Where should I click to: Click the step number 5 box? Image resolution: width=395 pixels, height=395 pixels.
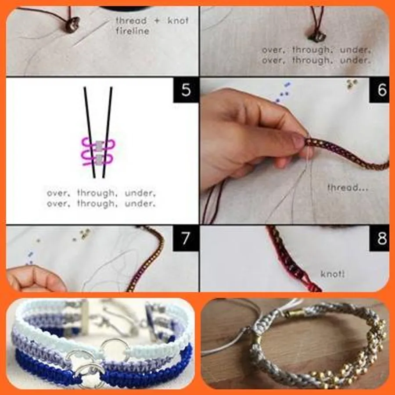click(x=186, y=90)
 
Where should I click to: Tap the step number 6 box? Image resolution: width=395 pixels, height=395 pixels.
click(x=379, y=90)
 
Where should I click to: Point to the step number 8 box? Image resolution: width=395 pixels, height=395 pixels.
click(x=379, y=238)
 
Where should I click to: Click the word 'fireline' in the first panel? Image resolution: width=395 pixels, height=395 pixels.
click(x=133, y=31)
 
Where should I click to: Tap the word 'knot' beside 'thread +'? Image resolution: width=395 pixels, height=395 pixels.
click(x=178, y=21)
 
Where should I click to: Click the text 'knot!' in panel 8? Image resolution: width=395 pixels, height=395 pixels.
click(x=333, y=274)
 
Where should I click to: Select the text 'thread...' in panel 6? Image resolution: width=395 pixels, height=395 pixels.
click(x=348, y=187)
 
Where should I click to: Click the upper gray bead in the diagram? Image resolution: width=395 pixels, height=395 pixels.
click(x=98, y=145)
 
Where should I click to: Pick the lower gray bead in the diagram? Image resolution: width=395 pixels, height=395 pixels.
click(x=100, y=159)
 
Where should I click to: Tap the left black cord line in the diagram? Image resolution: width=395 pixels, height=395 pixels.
click(x=90, y=133)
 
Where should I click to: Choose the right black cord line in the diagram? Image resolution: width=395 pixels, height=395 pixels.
click(x=108, y=133)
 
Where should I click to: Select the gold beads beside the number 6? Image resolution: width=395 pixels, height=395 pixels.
click(x=352, y=84)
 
